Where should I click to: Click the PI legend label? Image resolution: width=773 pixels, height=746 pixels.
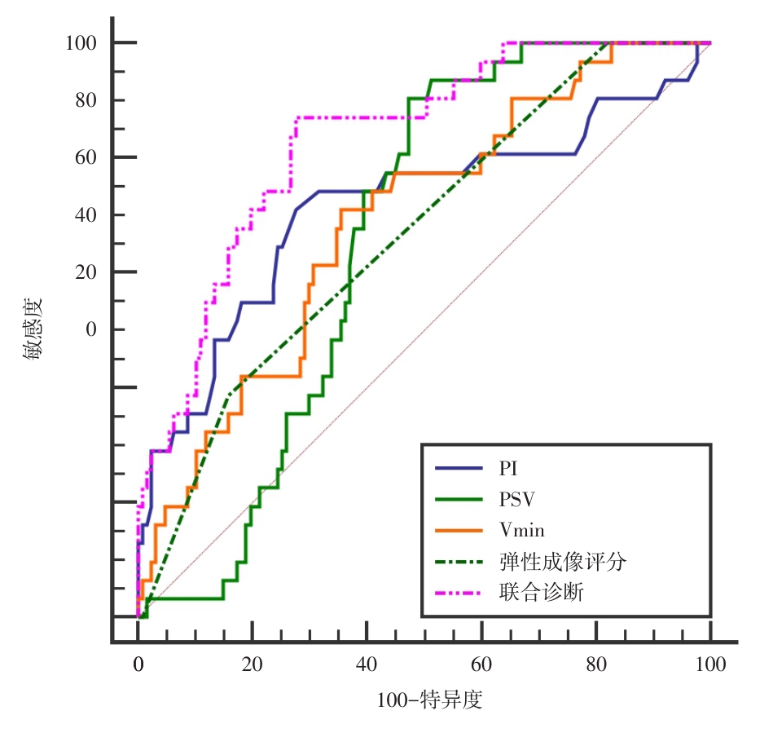[x=509, y=469]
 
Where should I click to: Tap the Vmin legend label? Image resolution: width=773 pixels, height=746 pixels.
[x=522, y=530]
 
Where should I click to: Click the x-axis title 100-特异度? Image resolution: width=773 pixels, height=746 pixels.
[x=430, y=700]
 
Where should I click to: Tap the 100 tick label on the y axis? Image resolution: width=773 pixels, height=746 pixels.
[x=82, y=42]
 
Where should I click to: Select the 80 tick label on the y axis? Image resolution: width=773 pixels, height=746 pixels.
[x=87, y=100]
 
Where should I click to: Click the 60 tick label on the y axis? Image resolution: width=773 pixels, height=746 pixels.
[x=87, y=157]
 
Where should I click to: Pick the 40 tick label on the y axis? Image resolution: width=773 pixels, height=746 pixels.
[x=87, y=215]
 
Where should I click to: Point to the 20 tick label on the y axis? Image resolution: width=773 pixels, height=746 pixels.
[x=87, y=272]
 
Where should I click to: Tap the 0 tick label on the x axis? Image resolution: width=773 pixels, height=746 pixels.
[x=138, y=665]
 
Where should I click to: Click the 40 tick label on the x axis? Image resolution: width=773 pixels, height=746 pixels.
[x=367, y=665]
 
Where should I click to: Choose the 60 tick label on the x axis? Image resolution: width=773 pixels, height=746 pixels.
[x=481, y=665]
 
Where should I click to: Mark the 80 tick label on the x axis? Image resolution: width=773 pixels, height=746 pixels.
[x=595, y=665]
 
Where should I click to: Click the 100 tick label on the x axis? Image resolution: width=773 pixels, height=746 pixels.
[x=710, y=665]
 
